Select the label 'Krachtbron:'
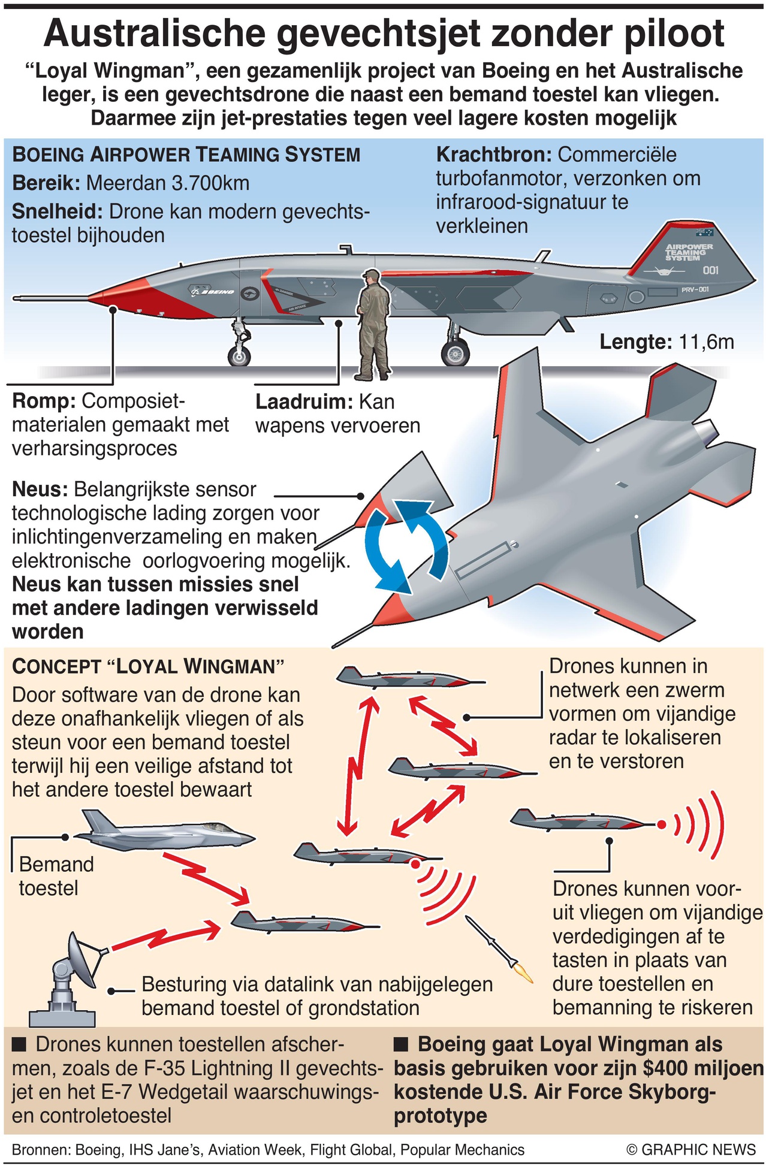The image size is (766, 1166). click(x=493, y=155)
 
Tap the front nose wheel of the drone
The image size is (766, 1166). click(x=240, y=356)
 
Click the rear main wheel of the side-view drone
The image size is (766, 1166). click(x=455, y=352)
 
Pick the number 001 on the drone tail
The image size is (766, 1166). click(x=710, y=270)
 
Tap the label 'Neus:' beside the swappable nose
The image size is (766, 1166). click(x=40, y=490)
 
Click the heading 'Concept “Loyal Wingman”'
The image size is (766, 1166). click(x=147, y=666)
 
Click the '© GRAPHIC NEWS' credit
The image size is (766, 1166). click(x=690, y=1149)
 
